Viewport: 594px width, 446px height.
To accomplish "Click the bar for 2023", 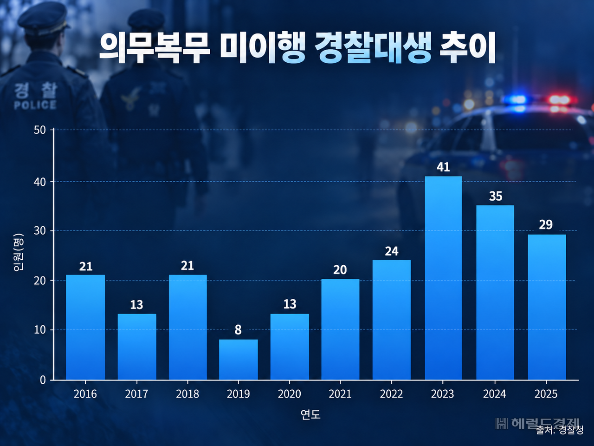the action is tap(443, 278).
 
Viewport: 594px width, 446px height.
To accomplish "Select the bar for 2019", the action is tap(238, 360).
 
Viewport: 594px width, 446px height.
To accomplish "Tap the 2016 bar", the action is tap(85, 328).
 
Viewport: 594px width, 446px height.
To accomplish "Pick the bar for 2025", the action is tap(547, 307).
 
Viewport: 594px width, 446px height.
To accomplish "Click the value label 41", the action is tap(443, 167).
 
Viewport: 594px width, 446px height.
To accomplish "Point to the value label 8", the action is tap(238, 330).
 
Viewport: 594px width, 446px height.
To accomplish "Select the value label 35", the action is tap(496, 197).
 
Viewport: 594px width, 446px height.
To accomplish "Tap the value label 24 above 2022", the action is tap(392, 251).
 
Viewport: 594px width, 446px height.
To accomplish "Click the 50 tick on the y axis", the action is tap(40, 130).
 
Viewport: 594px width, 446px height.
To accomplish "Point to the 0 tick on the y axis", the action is tap(43, 380).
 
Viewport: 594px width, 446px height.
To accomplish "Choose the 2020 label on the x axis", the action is tap(289, 394).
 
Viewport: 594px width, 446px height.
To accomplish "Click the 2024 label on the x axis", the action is tap(494, 394).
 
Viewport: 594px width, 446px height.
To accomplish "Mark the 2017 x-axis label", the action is tap(136, 394).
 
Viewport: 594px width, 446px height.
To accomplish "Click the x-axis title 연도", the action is tap(310, 414).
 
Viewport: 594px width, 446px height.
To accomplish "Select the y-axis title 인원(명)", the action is tap(19, 252).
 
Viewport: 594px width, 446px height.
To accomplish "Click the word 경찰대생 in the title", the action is tap(373, 48).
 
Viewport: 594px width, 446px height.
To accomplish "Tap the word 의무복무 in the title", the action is tap(155, 48).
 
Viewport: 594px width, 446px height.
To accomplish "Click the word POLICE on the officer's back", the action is tap(35, 105).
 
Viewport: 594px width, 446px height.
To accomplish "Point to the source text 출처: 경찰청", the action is tap(560, 430).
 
